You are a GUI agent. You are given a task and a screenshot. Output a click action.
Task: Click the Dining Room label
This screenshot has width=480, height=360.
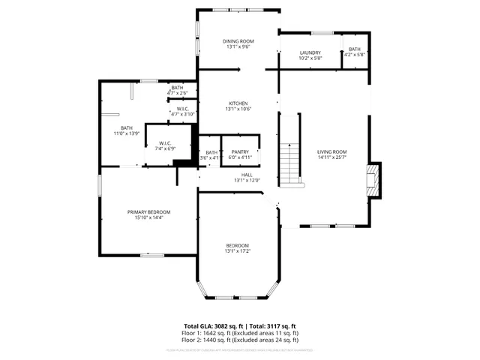[x=238, y=40]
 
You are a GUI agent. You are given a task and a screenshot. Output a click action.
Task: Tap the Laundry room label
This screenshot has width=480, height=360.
[x=310, y=52]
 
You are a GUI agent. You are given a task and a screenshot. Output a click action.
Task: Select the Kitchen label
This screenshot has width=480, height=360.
[x=238, y=103]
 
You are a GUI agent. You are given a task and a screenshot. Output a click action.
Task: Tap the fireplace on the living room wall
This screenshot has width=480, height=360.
[x=373, y=180]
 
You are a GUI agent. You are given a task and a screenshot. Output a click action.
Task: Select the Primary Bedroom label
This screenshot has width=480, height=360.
[x=148, y=212]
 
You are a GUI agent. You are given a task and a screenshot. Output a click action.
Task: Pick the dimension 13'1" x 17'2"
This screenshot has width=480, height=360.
[x=238, y=251]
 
